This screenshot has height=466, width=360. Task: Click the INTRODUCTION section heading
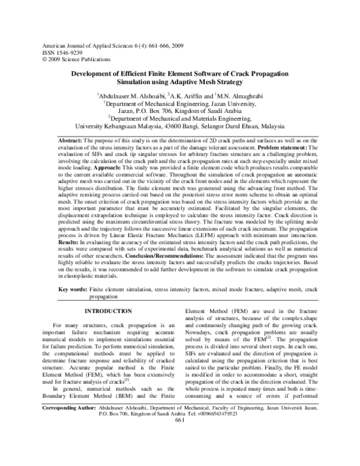(x=107, y=311)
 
